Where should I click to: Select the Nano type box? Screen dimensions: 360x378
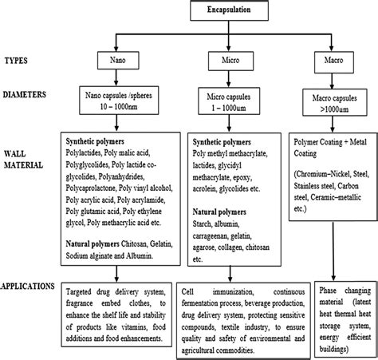click(x=121, y=59)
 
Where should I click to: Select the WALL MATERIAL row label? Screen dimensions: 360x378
click(x=25, y=160)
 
